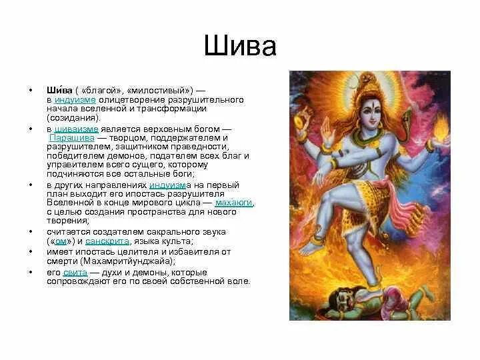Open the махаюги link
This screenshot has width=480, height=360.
click(x=234, y=203)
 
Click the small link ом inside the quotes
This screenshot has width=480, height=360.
click(x=59, y=241)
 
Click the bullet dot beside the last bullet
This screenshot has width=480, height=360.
click(x=29, y=272)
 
